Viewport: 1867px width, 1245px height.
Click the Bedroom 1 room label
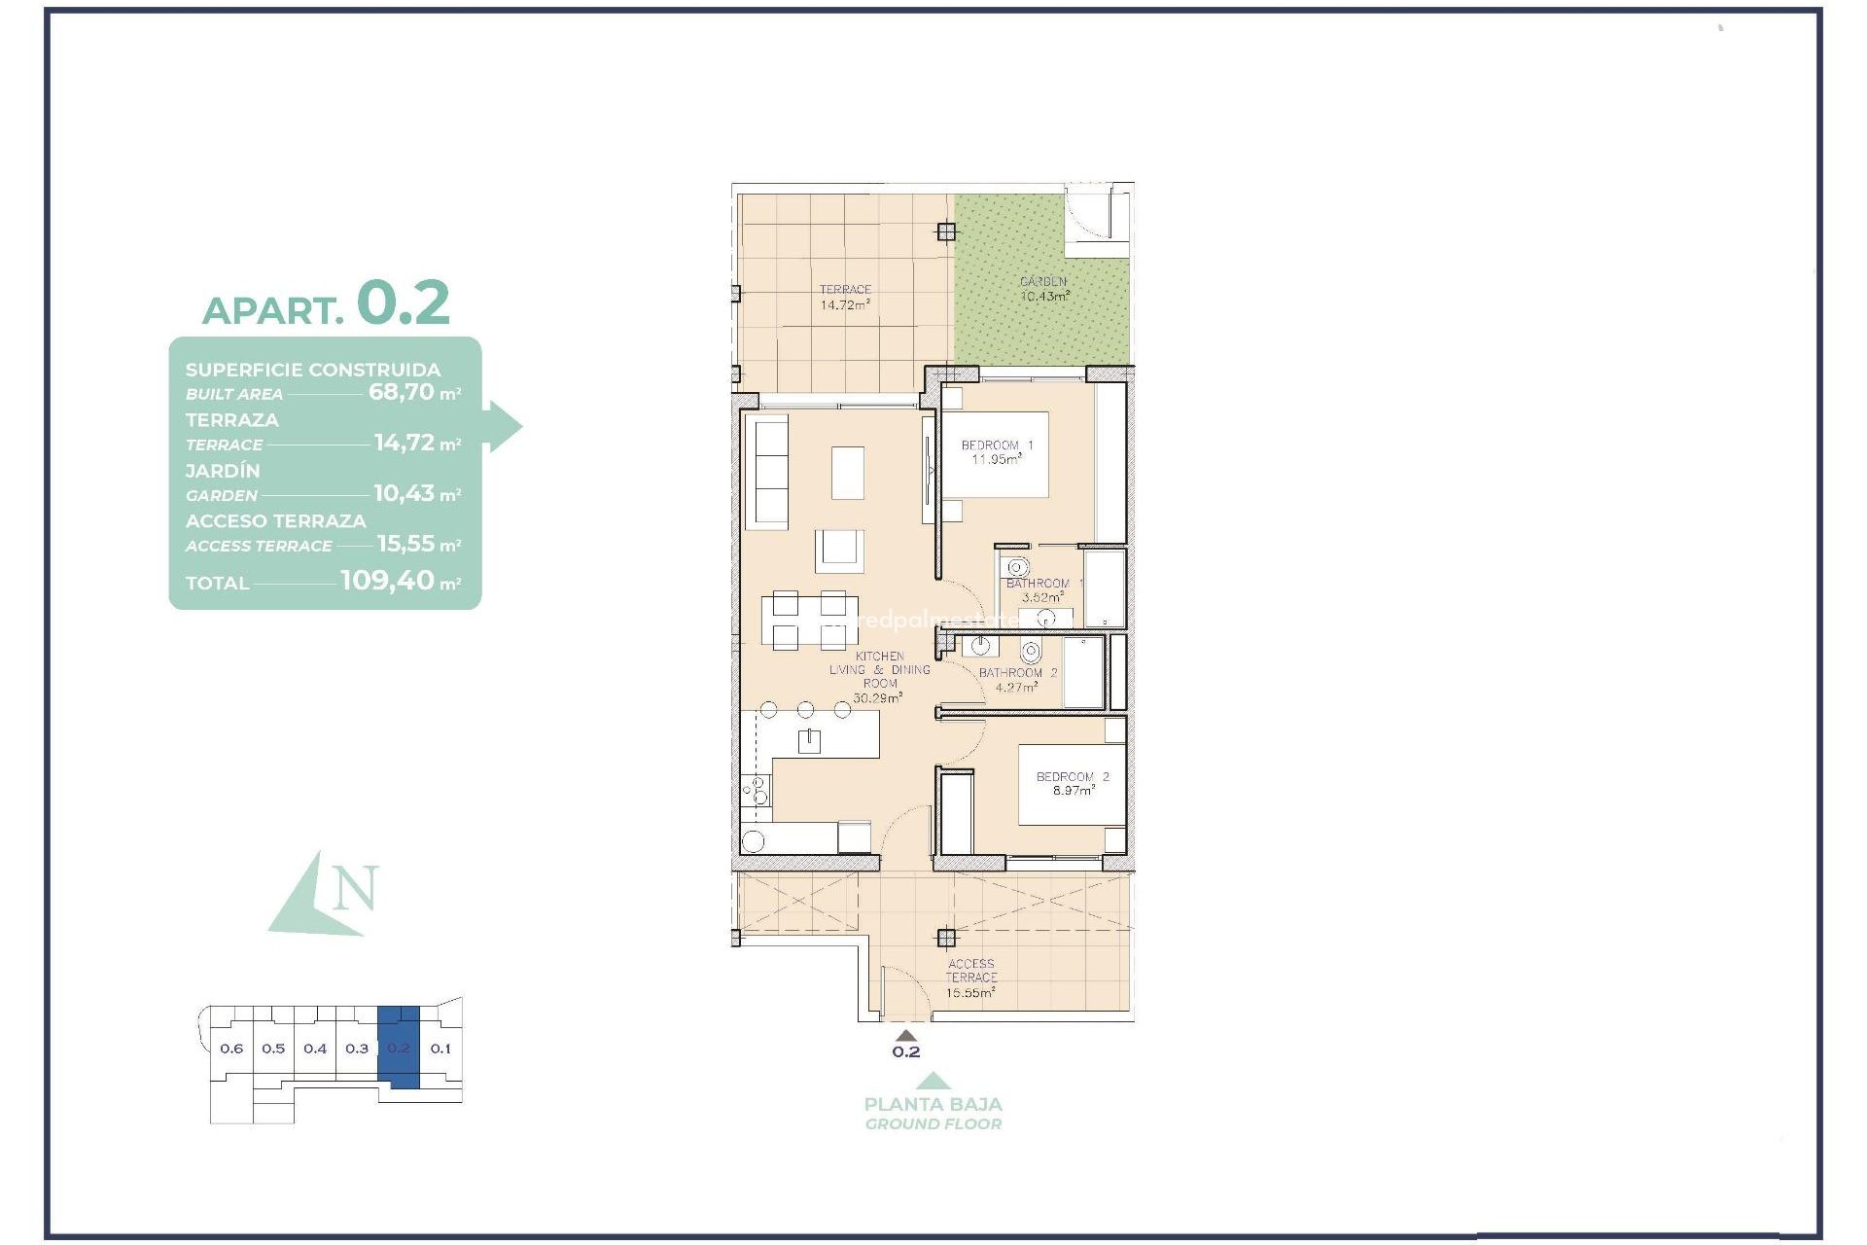(x=997, y=445)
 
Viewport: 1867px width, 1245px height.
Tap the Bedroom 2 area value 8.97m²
(x=1074, y=792)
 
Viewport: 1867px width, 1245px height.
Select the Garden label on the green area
(x=1043, y=282)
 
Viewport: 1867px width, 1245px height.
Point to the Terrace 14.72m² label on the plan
(x=844, y=298)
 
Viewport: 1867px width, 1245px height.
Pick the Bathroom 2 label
(x=1017, y=673)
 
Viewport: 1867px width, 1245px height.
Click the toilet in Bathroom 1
(x=1017, y=567)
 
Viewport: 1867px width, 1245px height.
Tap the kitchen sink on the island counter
(x=809, y=742)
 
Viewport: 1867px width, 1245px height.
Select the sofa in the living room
(x=771, y=472)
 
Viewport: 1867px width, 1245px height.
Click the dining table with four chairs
(x=803, y=620)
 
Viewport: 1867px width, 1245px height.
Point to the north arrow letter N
(x=355, y=888)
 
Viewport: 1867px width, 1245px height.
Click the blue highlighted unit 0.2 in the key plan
(x=399, y=1048)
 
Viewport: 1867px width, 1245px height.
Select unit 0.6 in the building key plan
(x=231, y=1049)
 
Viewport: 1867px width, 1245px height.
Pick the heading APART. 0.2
(x=326, y=303)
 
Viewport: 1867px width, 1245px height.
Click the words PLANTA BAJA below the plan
(x=933, y=1104)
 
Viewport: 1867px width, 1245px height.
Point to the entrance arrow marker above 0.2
(x=905, y=1036)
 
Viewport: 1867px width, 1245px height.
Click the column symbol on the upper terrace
(x=946, y=231)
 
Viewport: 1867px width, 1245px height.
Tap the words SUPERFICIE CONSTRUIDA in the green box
(x=313, y=370)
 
